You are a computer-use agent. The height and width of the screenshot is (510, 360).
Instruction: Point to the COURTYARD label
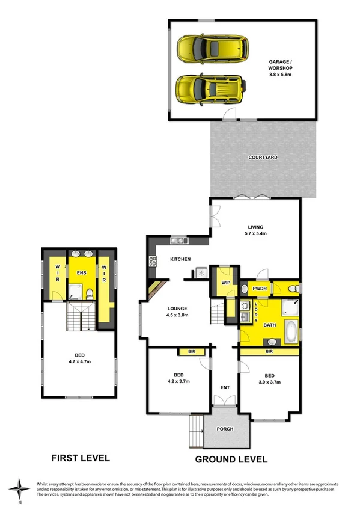click(263, 157)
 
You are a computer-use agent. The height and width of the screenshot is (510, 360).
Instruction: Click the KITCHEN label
click(180, 259)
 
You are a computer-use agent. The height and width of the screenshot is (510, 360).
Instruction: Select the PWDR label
click(260, 289)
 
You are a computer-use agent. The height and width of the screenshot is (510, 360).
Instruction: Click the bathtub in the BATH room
click(290, 329)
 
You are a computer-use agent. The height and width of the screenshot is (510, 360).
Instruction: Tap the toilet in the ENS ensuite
click(89, 293)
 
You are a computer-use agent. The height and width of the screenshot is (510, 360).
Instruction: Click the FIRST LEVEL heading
click(80, 458)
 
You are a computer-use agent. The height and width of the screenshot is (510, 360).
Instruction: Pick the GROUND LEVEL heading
click(231, 459)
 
